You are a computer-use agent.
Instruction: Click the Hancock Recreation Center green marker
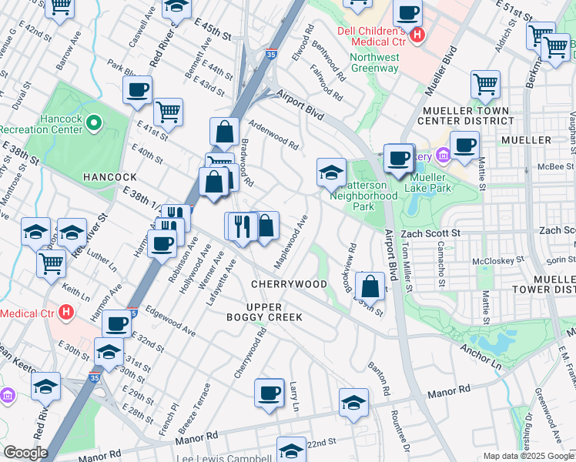pos(94,122)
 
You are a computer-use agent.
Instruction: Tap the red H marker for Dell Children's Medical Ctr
pos(417,35)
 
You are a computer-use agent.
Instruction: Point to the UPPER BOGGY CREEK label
pos(264,311)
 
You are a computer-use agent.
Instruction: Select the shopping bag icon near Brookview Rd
pos(370,286)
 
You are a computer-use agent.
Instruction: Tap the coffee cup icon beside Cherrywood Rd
pos(270,393)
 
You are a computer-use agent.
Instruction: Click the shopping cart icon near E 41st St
pos(168,112)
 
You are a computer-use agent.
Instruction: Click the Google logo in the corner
pos(26,453)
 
